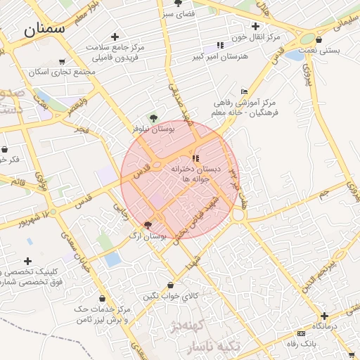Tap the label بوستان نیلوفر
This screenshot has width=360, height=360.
(153, 129)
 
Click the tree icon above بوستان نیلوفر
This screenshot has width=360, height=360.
(154, 118)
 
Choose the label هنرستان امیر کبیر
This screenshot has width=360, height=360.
(220, 56)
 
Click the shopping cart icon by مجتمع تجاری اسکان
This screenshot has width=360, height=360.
(62, 62)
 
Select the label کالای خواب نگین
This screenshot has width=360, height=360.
(171, 297)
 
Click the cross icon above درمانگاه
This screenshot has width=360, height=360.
(324, 316)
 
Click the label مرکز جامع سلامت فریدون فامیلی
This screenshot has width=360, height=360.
(115, 51)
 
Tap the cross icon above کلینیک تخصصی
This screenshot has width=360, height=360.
(28, 261)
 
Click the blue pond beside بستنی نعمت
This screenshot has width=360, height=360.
(292, 55)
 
